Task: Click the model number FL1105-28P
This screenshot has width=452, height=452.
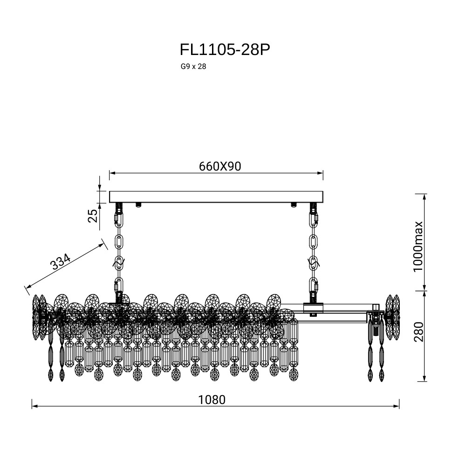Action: tap(225, 50)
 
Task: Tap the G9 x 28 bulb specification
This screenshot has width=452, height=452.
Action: tap(193, 67)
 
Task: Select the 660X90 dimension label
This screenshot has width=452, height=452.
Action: tap(220, 166)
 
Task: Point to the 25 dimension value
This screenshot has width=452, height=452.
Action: tap(93, 216)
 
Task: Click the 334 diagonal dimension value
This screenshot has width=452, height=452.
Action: tap(60, 261)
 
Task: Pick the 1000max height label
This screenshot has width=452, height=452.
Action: tap(418, 247)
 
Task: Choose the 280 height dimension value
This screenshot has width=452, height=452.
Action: tap(418, 332)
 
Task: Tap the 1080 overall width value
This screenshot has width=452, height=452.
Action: tap(212, 400)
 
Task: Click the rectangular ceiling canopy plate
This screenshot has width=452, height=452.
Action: tap(216, 197)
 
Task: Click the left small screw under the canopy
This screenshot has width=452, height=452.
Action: tap(138, 205)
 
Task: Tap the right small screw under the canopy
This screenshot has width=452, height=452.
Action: tap(294, 205)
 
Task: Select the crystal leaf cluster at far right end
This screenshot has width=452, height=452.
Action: tap(393, 317)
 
